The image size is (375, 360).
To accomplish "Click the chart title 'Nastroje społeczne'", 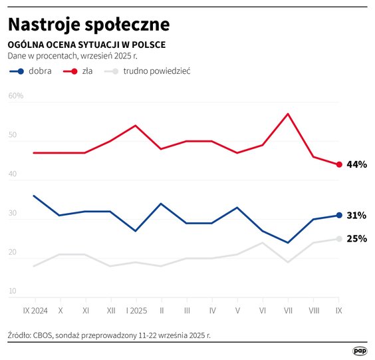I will (88, 25).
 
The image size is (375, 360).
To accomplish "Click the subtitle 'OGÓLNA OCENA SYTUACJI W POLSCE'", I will (86, 45).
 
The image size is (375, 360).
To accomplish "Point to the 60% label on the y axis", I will (16, 96).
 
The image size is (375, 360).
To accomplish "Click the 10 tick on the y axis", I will (13, 291).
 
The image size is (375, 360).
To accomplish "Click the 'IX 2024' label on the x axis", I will (34, 310).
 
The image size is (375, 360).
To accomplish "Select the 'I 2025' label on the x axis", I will (136, 310).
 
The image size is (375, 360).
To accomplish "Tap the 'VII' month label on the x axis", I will (288, 310).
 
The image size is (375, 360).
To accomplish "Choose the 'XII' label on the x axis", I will (110, 310).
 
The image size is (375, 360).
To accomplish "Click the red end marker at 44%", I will (339, 164).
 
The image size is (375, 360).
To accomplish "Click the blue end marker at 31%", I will (339, 215).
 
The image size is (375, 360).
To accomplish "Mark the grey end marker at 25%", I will (339, 239).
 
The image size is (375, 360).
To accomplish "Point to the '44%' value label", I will (357, 164).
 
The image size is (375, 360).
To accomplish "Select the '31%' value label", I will (357, 216).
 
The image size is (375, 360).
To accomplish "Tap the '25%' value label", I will (357, 239).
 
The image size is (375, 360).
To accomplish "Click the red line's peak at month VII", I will (288, 114).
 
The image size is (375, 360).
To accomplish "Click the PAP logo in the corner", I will (359, 350).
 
